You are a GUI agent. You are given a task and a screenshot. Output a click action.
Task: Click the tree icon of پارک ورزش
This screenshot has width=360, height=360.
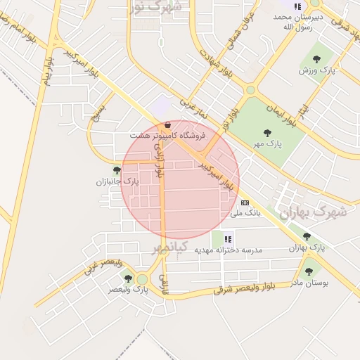pyautogui.click(x=316, y=59)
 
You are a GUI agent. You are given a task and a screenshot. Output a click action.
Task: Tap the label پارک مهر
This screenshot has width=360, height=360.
pyautogui.click(x=267, y=142)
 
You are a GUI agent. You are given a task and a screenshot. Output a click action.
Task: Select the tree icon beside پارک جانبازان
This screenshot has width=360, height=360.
pyautogui.click(x=117, y=169)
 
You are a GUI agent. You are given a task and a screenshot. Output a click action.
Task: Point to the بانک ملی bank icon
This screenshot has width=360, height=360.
pyautogui.click(x=244, y=202)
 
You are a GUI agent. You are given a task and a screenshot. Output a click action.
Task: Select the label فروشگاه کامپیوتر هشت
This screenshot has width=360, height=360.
pyautogui.click(x=167, y=134)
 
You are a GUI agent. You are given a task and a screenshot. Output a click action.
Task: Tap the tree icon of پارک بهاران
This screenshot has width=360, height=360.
pyautogui.click(x=306, y=236)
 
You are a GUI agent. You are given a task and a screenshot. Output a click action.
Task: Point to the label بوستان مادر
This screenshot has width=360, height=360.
pyautogui.click(x=309, y=282)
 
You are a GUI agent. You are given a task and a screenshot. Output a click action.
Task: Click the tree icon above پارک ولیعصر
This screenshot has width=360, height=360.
pyautogui.click(x=128, y=278)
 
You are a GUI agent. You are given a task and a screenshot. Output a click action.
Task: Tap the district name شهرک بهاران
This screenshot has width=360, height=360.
pyautogui.click(x=312, y=211)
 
